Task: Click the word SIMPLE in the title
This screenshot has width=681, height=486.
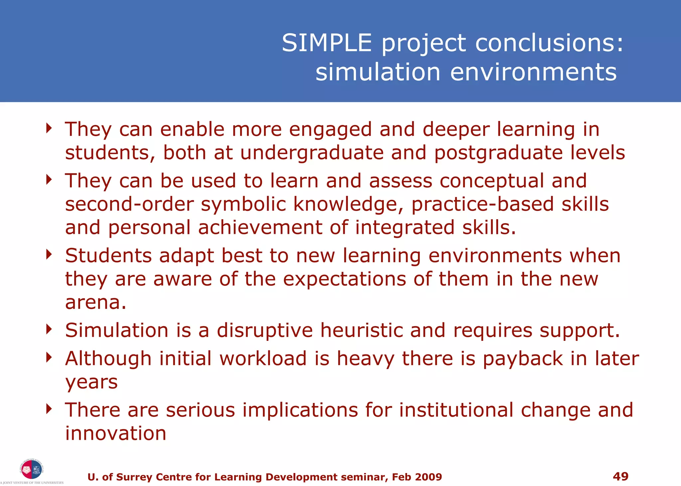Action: click(327, 43)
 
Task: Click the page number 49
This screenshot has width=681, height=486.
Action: click(620, 476)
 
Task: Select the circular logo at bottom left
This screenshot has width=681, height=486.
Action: click(32, 469)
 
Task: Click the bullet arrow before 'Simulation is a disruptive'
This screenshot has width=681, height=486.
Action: click(49, 329)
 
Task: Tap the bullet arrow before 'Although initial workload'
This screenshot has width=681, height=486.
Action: click(49, 357)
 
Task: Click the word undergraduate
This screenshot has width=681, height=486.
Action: click(312, 153)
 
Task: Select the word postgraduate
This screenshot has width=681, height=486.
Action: click(498, 153)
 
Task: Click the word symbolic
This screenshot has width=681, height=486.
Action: click(243, 204)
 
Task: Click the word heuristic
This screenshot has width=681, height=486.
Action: click(361, 331)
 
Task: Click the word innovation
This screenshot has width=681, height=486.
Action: click(115, 434)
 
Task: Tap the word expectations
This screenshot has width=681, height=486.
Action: click(344, 279)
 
